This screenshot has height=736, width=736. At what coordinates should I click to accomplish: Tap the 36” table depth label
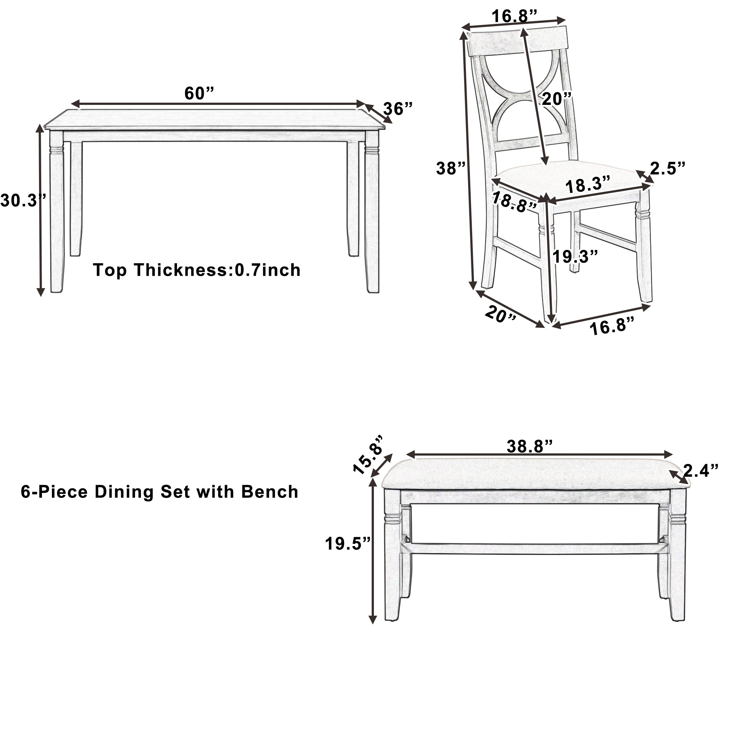point(398,109)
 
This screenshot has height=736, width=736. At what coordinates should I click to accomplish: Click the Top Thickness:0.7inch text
point(197,270)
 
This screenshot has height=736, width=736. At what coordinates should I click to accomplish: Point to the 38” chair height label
point(451,169)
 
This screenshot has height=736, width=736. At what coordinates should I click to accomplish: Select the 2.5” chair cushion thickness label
point(668,169)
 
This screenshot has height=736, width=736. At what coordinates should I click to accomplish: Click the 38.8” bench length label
point(530,446)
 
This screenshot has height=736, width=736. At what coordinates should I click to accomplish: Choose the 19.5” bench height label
point(348,544)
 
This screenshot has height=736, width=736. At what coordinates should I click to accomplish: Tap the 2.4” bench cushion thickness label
point(700,471)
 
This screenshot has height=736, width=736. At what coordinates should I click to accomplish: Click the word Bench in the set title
point(270,492)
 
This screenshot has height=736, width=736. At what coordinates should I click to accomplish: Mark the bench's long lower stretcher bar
point(533,549)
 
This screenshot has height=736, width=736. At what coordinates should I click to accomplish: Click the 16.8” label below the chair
point(612,326)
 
